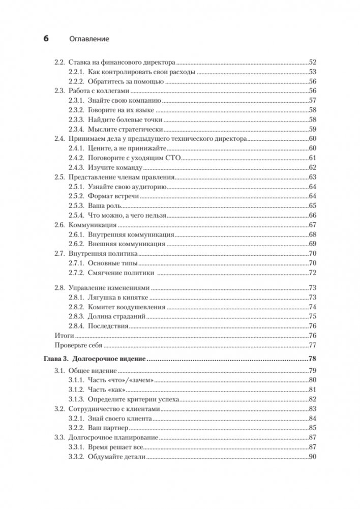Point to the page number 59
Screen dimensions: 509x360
(x=313, y=129)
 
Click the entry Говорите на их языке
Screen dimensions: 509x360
(x=121, y=110)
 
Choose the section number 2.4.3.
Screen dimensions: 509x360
(x=76, y=167)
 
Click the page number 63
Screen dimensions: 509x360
(x=313, y=177)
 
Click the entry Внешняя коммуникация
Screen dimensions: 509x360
(x=127, y=244)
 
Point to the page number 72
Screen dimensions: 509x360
(x=313, y=273)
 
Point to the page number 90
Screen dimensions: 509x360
(x=313, y=457)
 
